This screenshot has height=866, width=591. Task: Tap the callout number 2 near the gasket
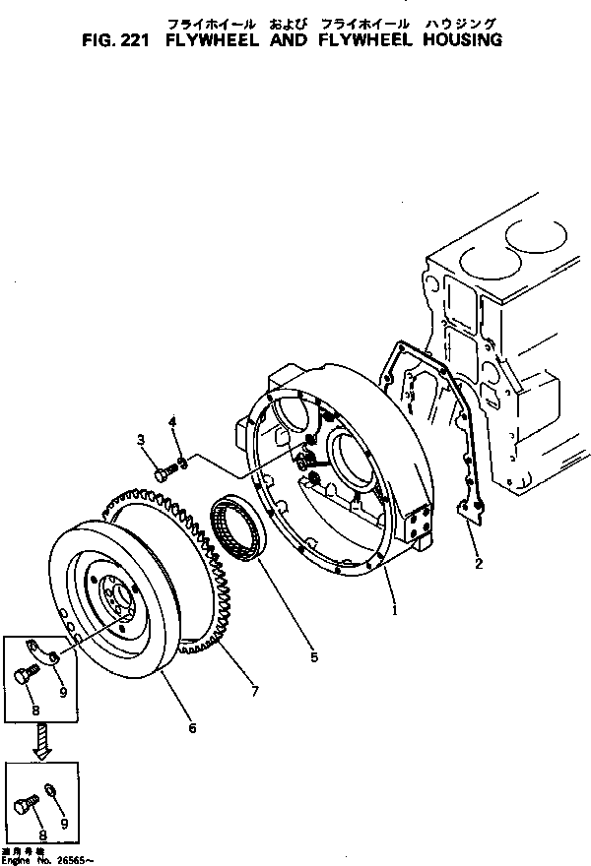479,564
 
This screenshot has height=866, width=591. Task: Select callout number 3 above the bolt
141,439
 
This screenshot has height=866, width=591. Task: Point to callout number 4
172,423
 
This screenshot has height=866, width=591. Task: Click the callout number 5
314,655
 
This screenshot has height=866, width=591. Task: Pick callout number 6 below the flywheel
192,728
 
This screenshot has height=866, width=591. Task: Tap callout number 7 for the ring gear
253,693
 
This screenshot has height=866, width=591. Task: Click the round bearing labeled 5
237,530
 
